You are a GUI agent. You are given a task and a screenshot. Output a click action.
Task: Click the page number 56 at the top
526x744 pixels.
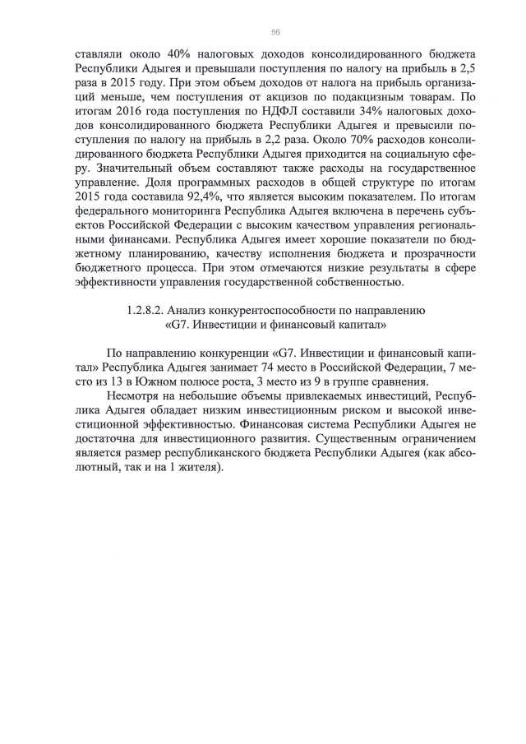(275, 31)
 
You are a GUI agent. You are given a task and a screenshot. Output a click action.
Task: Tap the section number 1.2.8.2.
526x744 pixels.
(150, 310)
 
